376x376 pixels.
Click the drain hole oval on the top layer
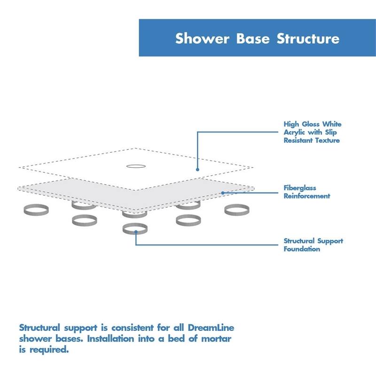pos(135,166)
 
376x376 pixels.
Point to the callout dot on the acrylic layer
pos(198,169)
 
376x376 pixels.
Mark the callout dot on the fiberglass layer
pos(222,192)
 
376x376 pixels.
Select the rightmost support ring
pos(236,210)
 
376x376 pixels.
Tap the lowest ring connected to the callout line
pos(135,228)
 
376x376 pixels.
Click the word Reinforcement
pos(307,196)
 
